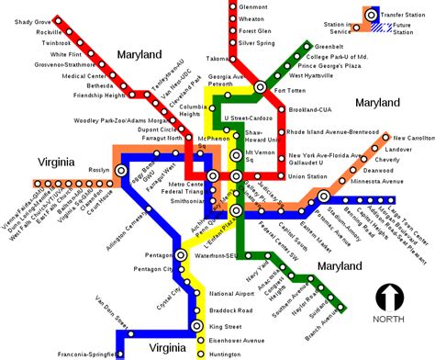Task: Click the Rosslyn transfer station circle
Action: tap(121, 170)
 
